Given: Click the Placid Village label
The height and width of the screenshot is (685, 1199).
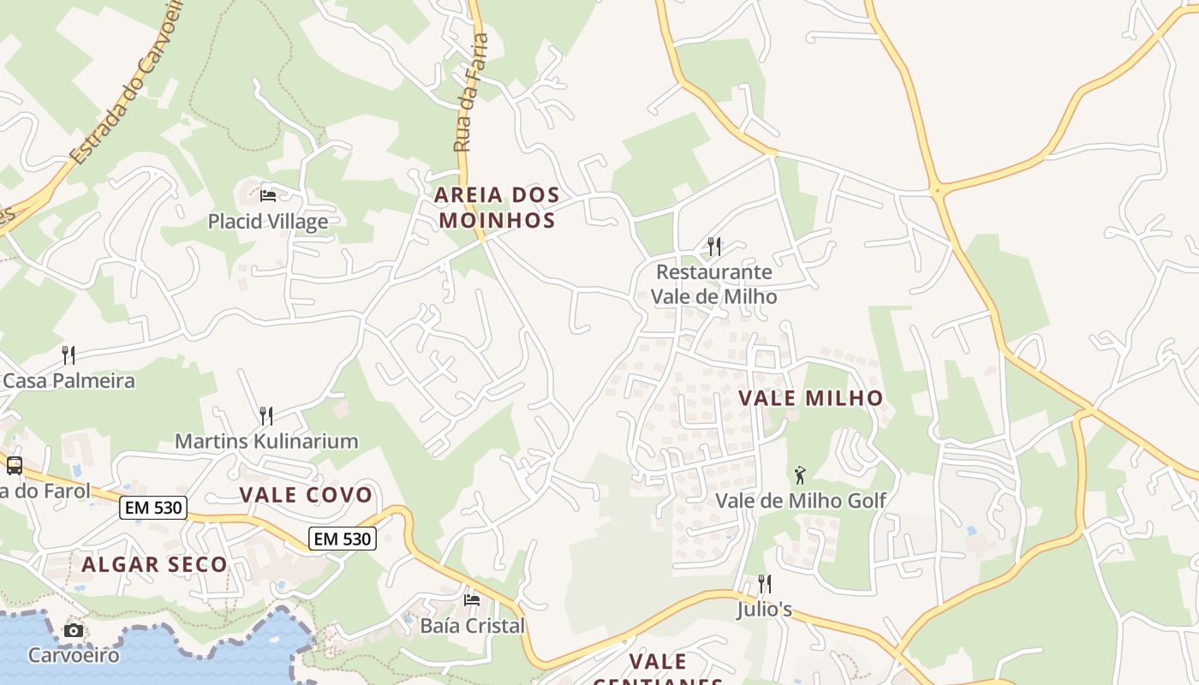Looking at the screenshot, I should click(267, 222).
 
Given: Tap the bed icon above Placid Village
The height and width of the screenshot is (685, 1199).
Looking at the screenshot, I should click(268, 195).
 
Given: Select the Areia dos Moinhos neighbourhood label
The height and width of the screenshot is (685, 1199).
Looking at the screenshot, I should click(497, 207).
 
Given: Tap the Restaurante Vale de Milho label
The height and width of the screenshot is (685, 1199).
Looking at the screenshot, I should click(714, 284).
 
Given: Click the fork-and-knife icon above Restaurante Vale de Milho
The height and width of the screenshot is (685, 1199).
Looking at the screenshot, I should click(714, 247).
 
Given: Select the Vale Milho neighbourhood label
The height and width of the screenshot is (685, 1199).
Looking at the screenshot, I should click(810, 398).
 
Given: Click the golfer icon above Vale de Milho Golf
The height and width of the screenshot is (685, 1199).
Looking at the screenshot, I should click(800, 475).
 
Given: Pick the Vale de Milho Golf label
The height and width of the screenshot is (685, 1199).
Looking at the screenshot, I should click(800, 500).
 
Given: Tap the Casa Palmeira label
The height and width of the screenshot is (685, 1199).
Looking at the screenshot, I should click(69, 380).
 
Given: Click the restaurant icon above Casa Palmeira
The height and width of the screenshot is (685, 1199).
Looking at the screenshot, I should click(69, 354).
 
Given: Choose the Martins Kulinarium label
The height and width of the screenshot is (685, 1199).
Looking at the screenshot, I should click(266, 442).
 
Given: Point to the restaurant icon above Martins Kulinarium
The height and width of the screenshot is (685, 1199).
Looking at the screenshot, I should click(266, 416).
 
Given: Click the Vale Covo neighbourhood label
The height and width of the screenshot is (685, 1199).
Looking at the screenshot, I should click(306, 495).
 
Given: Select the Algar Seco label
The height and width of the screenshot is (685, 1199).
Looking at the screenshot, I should click(154, 564).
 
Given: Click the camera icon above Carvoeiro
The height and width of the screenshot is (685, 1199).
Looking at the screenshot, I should click(74, 631).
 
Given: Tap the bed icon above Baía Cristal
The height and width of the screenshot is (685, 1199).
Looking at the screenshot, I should click(472, 600).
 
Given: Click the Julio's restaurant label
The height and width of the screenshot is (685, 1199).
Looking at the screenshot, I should click(765, 611).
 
